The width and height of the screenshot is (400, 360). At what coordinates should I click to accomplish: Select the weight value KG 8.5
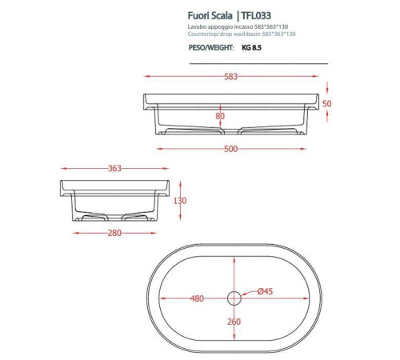(x=251, y=48)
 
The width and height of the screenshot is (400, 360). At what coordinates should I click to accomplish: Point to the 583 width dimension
(x=230, y=77)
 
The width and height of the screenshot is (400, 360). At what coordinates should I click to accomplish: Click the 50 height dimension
(x=327, y=104)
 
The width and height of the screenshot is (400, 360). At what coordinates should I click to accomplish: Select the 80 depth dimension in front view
(x=220, y=117)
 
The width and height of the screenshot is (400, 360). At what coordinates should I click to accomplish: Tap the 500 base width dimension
(x=230, y=149)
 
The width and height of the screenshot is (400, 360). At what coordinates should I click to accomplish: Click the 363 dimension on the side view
(x=114, y=169)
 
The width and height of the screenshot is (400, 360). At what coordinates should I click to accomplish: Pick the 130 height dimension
(x=180, y=201)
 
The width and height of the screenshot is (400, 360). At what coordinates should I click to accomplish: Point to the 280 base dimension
(x=115, y=233)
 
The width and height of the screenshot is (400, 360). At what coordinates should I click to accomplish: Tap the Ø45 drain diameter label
(x=264, y=291)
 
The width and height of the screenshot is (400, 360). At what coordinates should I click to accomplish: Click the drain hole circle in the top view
(x=234, y=298)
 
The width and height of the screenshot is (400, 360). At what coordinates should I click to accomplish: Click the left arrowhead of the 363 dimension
(x=62, y=169)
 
